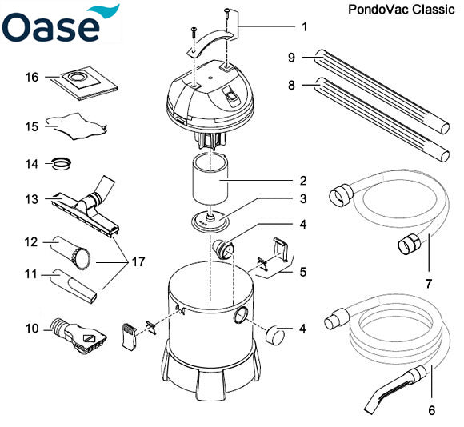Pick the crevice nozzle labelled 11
tap(76, 282)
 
